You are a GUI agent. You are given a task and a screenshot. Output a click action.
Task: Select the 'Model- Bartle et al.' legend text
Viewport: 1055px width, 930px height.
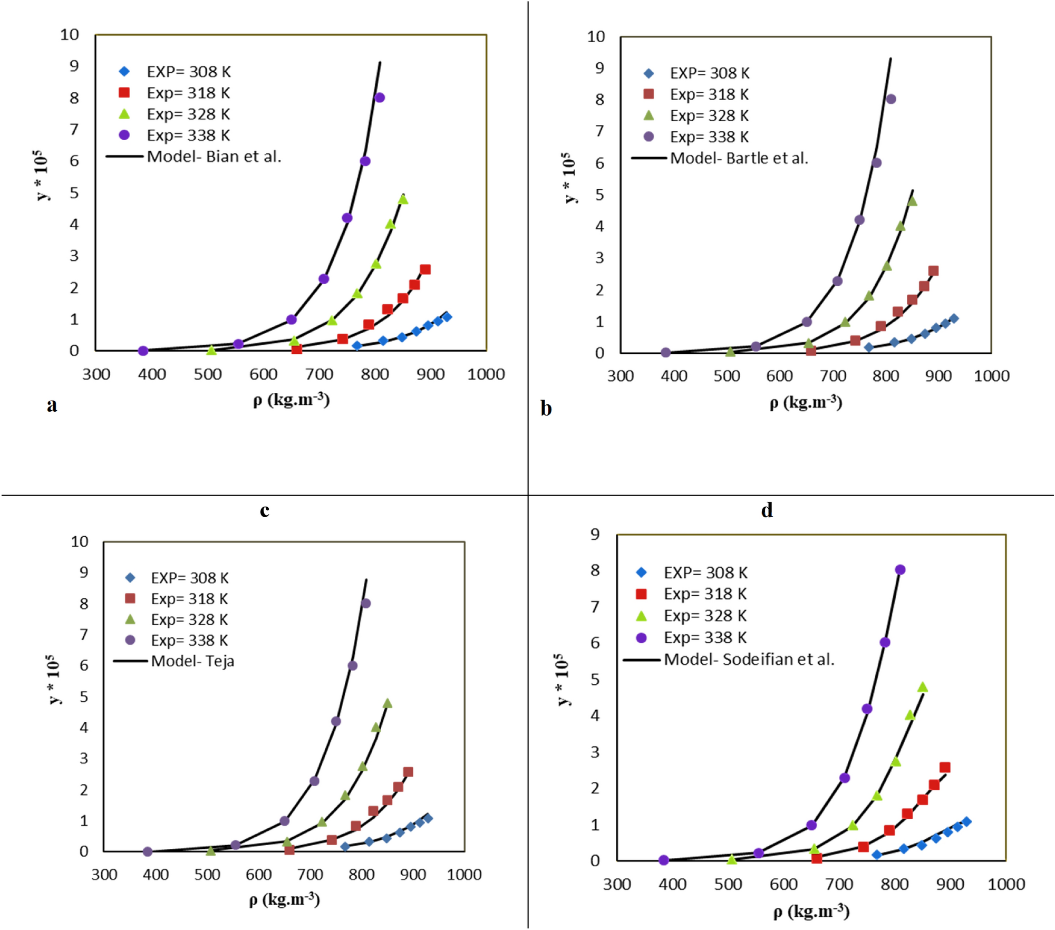[739, 158]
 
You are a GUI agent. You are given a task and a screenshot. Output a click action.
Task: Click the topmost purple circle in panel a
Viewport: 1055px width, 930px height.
[380, 98]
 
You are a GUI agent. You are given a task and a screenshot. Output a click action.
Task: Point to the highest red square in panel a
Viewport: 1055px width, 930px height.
[425, 269]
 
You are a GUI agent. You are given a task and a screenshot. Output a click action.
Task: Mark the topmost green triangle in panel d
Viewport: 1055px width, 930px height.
[923, 687]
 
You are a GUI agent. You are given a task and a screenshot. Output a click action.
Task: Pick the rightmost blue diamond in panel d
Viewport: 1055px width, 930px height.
[966, 821]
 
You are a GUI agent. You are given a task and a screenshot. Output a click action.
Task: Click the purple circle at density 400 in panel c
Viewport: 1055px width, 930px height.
[148, 851]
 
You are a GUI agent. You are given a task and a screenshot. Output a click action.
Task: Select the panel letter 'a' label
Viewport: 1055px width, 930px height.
[52, 405]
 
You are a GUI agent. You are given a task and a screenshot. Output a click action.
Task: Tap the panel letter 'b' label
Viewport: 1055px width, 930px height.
[546, 409]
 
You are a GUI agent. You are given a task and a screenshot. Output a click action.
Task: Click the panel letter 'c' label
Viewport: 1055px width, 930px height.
[265, 510]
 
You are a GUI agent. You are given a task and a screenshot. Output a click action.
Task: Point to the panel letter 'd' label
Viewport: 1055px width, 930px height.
[767, 510]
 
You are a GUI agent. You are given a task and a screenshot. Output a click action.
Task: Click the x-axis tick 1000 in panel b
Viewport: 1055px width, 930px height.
[991, 376]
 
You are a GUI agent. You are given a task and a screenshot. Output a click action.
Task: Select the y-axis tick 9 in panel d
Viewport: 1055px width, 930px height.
[595, 534]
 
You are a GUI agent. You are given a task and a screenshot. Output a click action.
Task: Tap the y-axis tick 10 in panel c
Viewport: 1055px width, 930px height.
[80, 541]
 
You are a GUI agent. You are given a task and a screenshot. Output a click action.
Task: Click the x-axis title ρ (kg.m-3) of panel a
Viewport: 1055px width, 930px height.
[291, 400]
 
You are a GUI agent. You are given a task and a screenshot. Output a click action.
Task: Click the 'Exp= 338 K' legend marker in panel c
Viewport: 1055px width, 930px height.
[130, 640]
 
